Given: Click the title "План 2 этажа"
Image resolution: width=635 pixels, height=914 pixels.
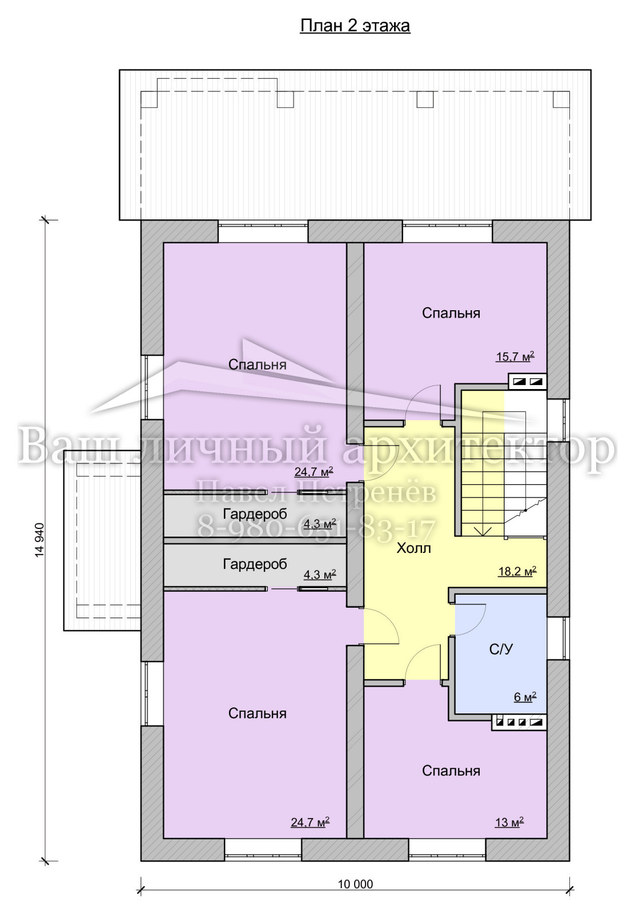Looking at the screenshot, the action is click(x=355, y=26).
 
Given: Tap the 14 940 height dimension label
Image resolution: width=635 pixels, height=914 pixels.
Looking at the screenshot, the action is click(x=39, y=540).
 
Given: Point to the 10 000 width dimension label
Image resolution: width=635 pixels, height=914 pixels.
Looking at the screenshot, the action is click(x=355, y=884).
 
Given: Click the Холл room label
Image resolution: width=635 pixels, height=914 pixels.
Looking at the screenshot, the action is click(x=413, y=548).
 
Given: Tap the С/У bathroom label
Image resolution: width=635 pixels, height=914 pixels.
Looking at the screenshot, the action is click(x=501, y=649).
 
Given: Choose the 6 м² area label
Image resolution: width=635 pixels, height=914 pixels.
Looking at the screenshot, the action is click(x=525, y=697).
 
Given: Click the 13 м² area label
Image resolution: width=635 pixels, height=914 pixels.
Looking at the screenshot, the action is click(x=509, y=822).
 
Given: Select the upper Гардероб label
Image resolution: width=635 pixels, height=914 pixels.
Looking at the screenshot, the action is click(x=255, y=514).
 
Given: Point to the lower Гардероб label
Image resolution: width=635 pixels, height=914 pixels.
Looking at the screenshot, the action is click(x=255, y=564).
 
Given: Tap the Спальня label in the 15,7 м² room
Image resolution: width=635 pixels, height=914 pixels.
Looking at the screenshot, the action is click(x=451, y=313).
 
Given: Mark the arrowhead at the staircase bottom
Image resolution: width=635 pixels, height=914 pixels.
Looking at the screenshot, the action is click(x=483, y=531).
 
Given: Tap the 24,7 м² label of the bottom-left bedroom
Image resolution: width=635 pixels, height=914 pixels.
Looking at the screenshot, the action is click(x=310, y=822).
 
